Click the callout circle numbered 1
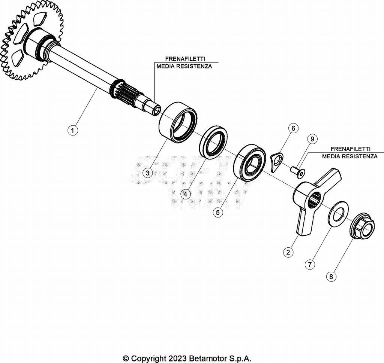pyautogui.click(x=73, y=131)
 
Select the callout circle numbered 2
pyautogui.click(x=288, y=252)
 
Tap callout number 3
pyautogui.click(x=148, y=173)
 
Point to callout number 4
pyautogui.click(x=185, y=194)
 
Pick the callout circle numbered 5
pyautogui.click(x=218, y=212)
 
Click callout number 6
pyautogui.click(x=293, y=128)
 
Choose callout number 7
pyautogui.click(x=309, y=264)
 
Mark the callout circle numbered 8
pyautogui.click(x=331, y=277)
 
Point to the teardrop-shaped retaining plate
pyautogui.click(x=277, y=161)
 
